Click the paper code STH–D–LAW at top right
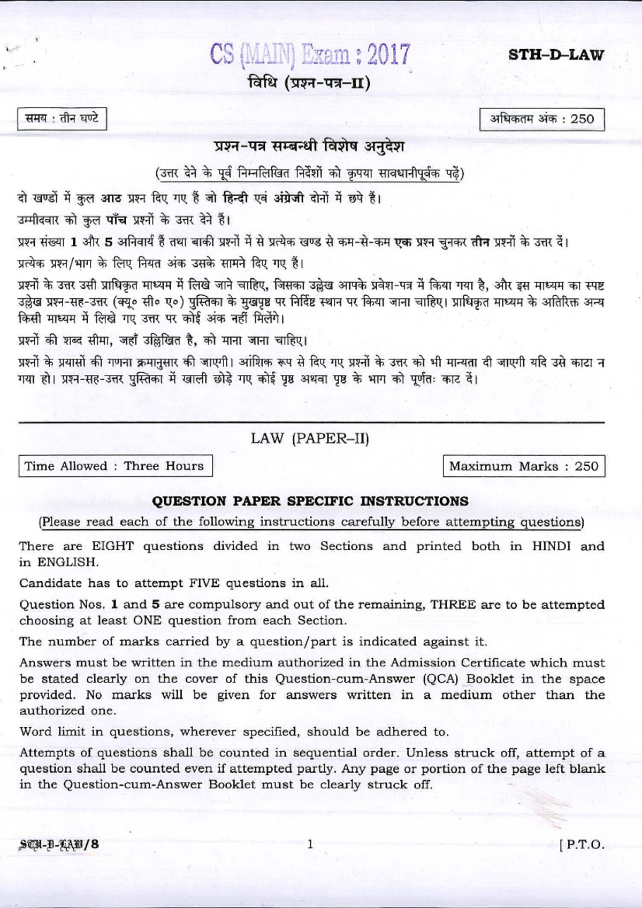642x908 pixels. point(556,55)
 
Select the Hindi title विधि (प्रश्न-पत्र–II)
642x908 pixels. point(309,83)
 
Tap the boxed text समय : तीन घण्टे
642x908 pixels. point(62,119)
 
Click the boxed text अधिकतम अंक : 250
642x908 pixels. point(542,119)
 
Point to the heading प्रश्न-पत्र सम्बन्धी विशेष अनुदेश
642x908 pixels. point(309,147)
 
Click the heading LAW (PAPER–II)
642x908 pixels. point(310,438)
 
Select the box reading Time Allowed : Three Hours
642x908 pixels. point(114,466)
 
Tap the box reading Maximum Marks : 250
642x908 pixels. point(524,466)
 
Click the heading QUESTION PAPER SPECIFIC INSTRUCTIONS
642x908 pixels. point(310,501)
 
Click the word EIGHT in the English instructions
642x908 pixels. point(112,546)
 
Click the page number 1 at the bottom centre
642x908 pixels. point(310,844)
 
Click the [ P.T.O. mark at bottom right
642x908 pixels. point(582,845)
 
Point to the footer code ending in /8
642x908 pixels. point(59,844)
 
